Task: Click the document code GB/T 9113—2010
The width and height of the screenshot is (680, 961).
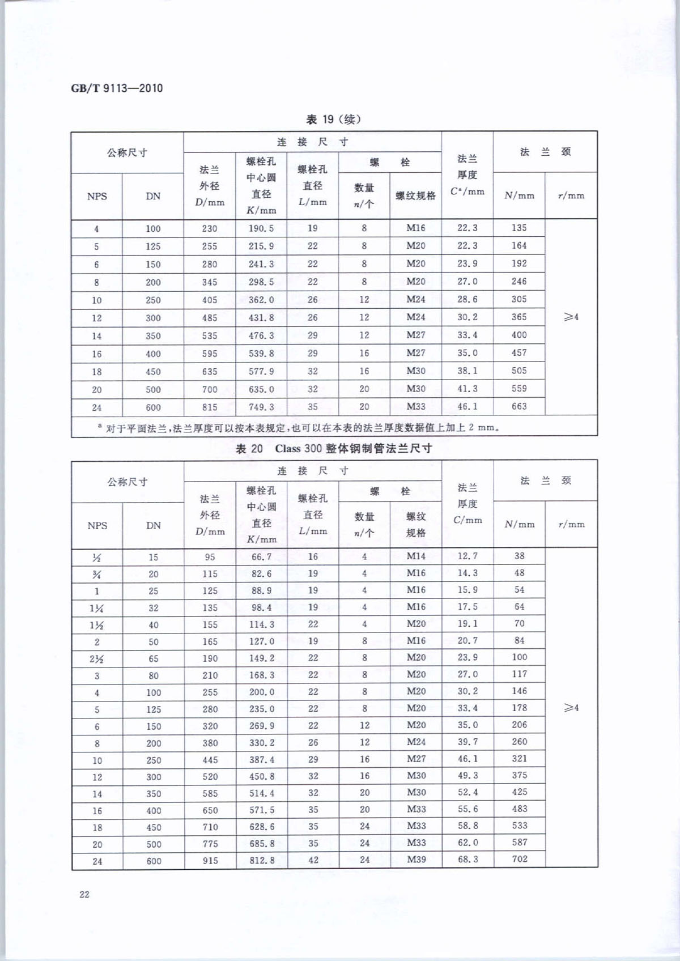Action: (x=117, y=88)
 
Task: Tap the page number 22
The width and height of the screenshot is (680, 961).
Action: (x=84, y=894)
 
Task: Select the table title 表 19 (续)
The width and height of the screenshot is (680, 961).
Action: (x=333, y=119)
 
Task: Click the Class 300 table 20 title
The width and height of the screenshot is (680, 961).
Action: (x=333, y=448)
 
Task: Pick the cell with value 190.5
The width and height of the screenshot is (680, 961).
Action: (x=261, y=228)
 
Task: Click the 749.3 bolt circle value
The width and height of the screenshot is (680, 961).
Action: (x=261, y=407)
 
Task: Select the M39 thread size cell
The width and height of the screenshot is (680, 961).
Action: (x=416, y=859)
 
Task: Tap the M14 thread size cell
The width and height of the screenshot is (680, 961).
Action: (x=416, y=556)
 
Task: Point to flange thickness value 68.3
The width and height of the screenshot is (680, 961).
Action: (x=467, y=859)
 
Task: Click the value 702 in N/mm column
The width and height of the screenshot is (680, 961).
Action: (x=520, y=859)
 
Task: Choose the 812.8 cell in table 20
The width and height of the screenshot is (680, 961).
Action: (x=262, y=860)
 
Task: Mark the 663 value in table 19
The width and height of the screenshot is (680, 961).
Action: (x=519, y=406)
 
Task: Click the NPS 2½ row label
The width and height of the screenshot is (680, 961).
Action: (x=97, y=659)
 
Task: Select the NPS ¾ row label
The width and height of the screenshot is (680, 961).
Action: (x=97, y=574)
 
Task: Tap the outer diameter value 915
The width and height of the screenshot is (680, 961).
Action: (x=210, y=861)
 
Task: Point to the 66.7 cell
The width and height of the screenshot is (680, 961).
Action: (x=261, y=556)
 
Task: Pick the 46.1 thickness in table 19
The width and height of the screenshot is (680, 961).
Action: (x=467, y=406)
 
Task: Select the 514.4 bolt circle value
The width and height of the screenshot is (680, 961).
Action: (x=262, y=793)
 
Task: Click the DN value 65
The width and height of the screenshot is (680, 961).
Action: (x=154, y=659)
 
